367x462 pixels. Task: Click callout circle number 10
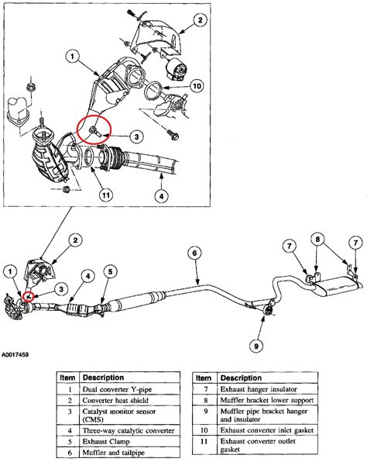pyautogui.click(x=197, y=85)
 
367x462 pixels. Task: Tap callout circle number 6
pyautogui.click(x=195, y=253)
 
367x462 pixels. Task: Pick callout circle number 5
pyautogui.click(x=111, y=271)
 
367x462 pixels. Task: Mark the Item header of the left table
pyautogui.click(x=67, y=377)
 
